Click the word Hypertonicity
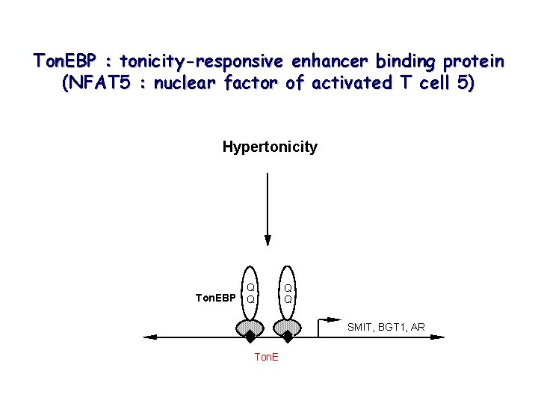(x=269, y=147)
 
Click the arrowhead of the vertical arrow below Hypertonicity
(x=268, y=240)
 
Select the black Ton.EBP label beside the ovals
(x=215, y=298)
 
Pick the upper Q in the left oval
(x=251, y=287)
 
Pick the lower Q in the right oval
(x=287, y=299)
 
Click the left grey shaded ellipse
(x=250, y=327)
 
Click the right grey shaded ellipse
(x=287, y=327)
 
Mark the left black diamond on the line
(x=250, y=337)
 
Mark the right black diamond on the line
(x=288, y=337)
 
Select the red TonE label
(x=266, y=357)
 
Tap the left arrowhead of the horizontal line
(x=149, y=337)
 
